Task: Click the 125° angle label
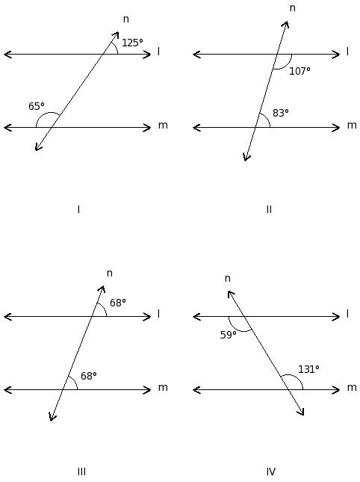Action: tap(132, 43)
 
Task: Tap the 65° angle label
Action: tap(37, 106)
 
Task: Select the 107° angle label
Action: tap(300, 71)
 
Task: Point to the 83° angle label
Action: tap(280, 113)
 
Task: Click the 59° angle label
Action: tap(229, 335)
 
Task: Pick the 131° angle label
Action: tap(308, 369)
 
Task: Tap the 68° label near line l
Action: tap(118, 303)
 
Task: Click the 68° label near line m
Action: tap(88, 376)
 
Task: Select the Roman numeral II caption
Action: tap(269, 210)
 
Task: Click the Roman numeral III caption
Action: tap(81, 472)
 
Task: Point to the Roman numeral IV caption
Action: tap(270, 472)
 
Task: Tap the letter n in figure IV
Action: tap(227, 278)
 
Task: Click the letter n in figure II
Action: tap(293, 8)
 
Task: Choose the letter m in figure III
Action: tap(163, 388)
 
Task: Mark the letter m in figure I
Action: tap(163, 125)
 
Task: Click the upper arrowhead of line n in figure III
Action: tap(102, 288)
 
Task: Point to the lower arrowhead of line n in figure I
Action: tap(37, 148)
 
